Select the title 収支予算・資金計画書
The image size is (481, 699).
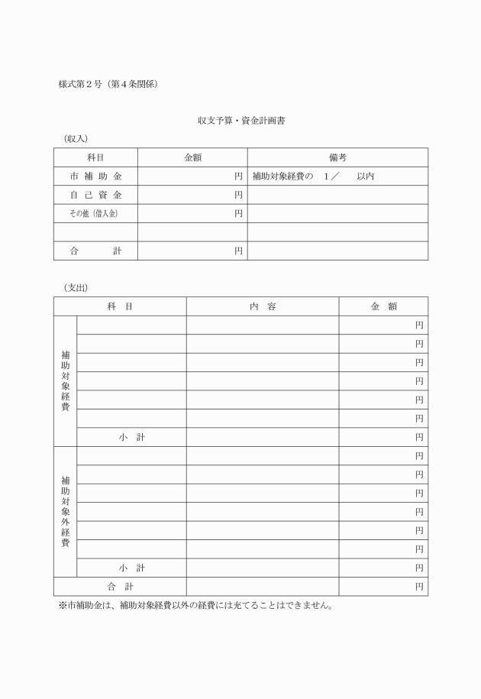pyautogui.click(x=241, y=121)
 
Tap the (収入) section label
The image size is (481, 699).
pyautogui.click(x=76, y=138)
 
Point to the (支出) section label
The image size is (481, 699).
pyautogui.click(x=76, y=288)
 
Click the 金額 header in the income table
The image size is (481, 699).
pyautogui.click(x=192, y=157)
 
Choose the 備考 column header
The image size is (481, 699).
pyautogui.click(x=337, y=157)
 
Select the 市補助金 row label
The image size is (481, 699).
pyautogui.click(x=95, y=176)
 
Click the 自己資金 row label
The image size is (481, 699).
pyautogui.click(x=95, y=195)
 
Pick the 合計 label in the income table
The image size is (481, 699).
pyautogui.click(x=95, y=251)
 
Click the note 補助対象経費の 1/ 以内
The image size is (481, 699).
pyautogui.click(x=313, y=176)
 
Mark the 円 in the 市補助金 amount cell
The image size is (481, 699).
pyautogui.click(x=238, y=176)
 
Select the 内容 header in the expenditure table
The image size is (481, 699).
pyautogui.click(x=263, y=306)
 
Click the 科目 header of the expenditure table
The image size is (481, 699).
pyautogui.click(x=120, y=306)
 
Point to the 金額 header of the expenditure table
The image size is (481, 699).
pyautogui.click(x=383, y=306)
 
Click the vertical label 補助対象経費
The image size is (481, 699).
pyautogui.click(x=65, y=380)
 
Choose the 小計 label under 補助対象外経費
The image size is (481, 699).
pyautogui.click(x=131, y=568)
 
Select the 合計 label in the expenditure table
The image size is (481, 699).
pyautogui.click(x=120, y=587)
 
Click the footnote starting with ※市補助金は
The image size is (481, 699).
pyautogui.click(x=195, y=606)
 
